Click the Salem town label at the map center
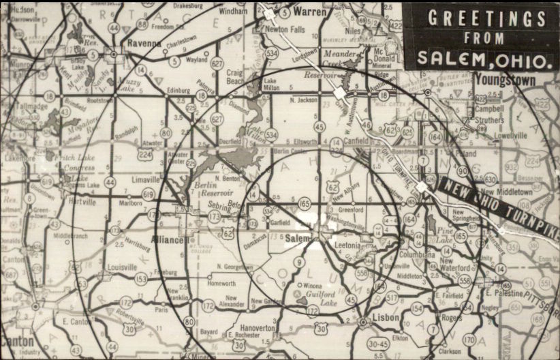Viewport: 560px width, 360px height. (297, 238)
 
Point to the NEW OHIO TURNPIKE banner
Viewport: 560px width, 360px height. (498, 208)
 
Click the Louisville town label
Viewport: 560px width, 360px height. (122, 268)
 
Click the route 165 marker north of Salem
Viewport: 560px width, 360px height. (304, 204)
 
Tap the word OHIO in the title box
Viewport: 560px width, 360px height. (525, 60)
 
